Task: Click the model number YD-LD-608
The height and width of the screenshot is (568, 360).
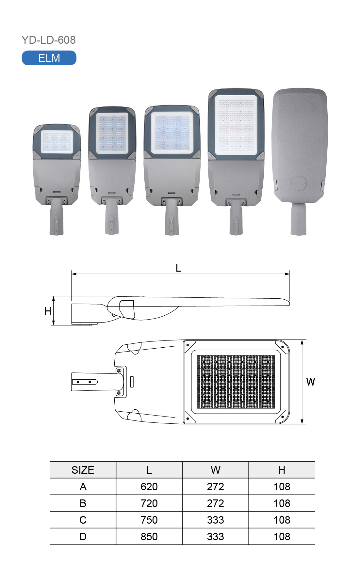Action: tap(49, 40)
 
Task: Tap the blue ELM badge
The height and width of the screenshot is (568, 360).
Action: tap(49, 58)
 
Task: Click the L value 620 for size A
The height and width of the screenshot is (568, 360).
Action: tap(149, 487)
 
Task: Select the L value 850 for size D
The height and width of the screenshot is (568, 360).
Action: tap(149, 537)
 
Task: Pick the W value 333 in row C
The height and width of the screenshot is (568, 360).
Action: tap(215, 520)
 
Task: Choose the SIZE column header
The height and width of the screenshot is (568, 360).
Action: tap(83, 470)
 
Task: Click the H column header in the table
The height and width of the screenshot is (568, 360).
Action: tap(282, 470)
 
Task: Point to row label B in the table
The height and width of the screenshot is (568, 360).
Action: tap(83, 503)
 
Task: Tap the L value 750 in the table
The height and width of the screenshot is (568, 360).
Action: tap(149, 520)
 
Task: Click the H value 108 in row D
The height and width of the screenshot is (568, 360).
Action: tap(282, 537)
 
